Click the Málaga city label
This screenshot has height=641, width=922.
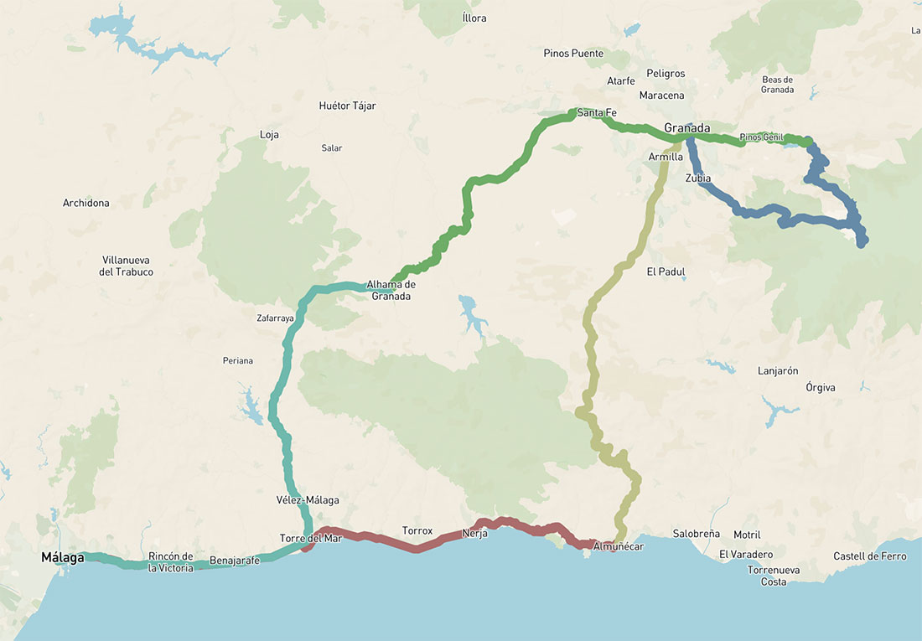point(63,557)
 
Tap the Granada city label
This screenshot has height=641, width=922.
point(686,128)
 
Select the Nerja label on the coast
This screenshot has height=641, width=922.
point(474,534)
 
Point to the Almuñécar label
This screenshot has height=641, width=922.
point(618,546)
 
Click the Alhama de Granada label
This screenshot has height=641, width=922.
point(391,290)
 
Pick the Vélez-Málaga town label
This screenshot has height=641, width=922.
point(308,500)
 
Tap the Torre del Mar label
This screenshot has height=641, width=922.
point(311,538)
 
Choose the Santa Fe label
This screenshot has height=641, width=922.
point(597,112)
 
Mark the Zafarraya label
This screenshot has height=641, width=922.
point(275,318)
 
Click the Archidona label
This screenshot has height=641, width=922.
point(86,203)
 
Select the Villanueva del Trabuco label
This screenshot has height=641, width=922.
point(127,266)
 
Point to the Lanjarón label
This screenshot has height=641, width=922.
point(778,370)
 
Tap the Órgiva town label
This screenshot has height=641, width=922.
point(820,387)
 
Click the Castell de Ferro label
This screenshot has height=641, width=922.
point(870,556)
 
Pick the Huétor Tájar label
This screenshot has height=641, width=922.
point(348,106)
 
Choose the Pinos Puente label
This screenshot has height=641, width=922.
point(573,54)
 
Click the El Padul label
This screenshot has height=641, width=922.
point(666,271)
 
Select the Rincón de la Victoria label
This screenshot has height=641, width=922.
point(171,562)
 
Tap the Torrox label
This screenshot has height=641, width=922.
point(417,531)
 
